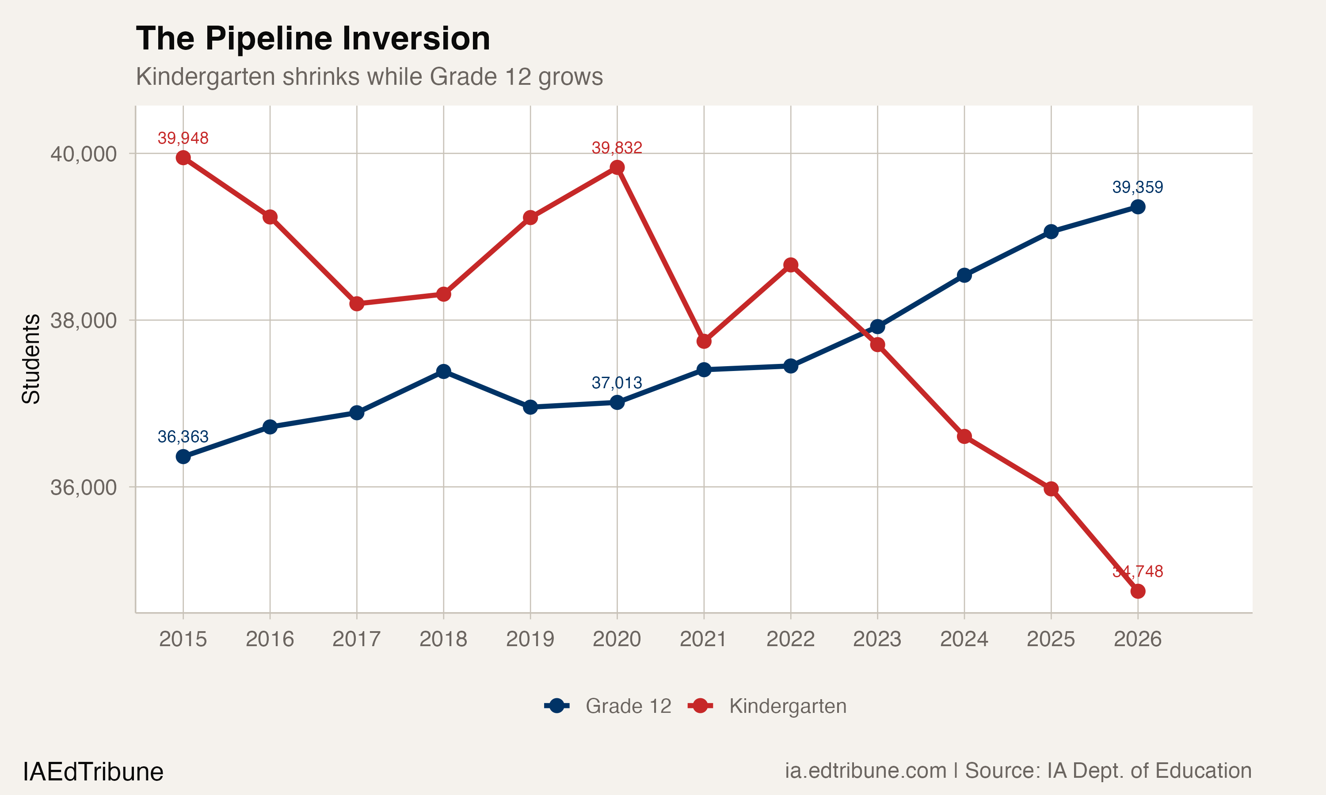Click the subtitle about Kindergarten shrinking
pyautogui.click(x=369, y=76)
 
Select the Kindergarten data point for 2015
pyautogui.click(x=183, y=158)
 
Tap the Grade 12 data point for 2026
pyautogui.click(x=1137, y=207)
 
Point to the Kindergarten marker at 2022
pyautogui.click(x=791, y=265)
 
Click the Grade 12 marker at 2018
pyautogui.click(x=443, y=371)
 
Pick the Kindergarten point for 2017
pyautogui.click(x=356, y=304)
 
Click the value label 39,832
pyautogui.click(x=617, y=148)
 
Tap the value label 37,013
pyautogui.click(x=617, y=382)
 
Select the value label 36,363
pyautogui.click(x=183, y=437)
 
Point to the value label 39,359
pyautogui.click(x=1137, y=187)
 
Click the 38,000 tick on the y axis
pyautogui.click(x=83, y=320)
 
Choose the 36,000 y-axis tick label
pyautogui.click(x=83, y=488)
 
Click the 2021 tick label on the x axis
pyautogui.click(x=703, y=639)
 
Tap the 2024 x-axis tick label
pyautogui.click(x=964, y=639)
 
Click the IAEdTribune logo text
pyautogui.click(x=93, y=772)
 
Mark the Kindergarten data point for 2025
pyautogui.click(x=1051, y=488)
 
